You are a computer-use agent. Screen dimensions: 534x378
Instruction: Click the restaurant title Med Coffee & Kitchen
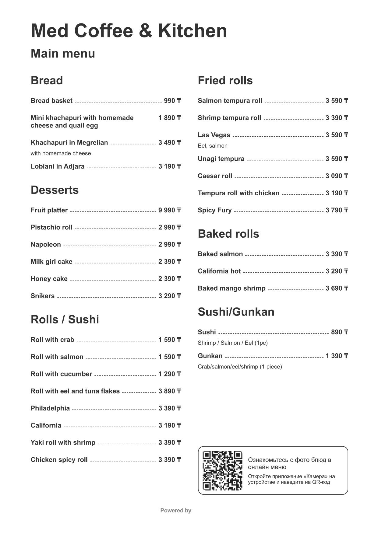pos(129,31)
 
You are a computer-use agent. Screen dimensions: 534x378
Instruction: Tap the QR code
pos(222,470)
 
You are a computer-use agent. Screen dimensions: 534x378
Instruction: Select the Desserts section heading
pos(55,190)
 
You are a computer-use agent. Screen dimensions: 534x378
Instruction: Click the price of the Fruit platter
pos(169,210)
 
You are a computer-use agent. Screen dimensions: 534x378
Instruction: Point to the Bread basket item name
pos(51,101)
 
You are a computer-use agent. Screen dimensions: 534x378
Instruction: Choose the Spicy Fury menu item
pos(214,210)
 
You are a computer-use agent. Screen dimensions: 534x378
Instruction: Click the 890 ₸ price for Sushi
pos(339,332)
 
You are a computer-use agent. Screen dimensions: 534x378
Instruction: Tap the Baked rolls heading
pos(228,234)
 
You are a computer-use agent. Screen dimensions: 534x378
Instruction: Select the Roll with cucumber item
pos(61,374)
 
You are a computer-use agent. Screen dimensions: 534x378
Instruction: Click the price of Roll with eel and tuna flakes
pos(169,391)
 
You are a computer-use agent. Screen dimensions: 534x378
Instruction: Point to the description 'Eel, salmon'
pos(213,146)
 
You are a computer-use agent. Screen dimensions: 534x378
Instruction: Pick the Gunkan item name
pos(210,356)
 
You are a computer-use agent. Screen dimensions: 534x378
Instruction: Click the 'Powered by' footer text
pos(176,511)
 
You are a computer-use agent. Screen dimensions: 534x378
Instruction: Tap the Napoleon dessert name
pos(46,245)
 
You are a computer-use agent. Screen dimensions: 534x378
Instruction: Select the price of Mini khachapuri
pos(169,118)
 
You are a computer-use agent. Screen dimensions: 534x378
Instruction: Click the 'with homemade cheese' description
pos(61,153)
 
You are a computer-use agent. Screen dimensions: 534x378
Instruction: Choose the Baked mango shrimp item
pos(231,288)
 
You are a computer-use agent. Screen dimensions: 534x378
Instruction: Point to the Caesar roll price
pos(337,176)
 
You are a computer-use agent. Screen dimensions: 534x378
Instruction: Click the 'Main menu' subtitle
pos(63,54)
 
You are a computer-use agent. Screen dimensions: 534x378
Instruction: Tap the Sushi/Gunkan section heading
pos(236,312)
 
